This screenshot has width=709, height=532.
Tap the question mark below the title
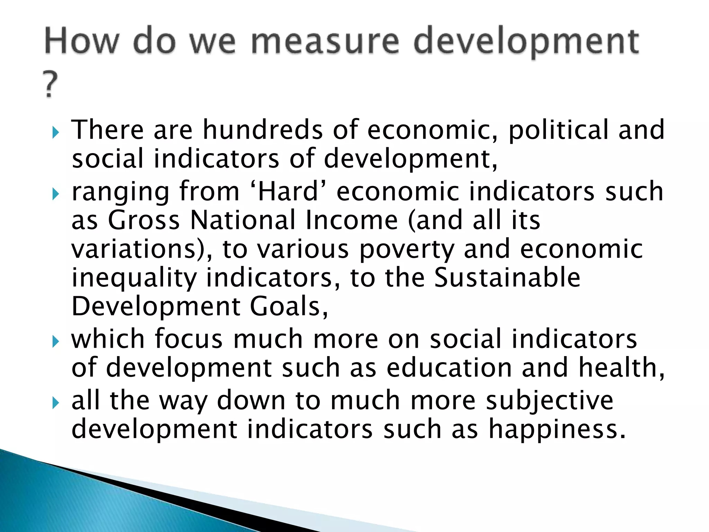point(50,85)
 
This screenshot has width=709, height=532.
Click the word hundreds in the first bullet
point(263,130)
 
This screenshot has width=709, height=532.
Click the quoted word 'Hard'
point(288,192)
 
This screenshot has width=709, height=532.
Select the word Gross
point(144,221)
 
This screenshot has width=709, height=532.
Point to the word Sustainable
point(507,278)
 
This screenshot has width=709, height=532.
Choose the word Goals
point(289,307)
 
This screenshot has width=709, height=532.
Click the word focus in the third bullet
point(189,339)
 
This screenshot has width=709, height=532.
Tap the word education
point(449,368)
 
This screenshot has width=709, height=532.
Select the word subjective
point(549,401)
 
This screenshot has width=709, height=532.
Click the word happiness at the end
point(557,430)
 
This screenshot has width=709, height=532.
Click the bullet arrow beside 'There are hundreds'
point(55,133)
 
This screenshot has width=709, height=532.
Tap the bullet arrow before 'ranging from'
point(55,194)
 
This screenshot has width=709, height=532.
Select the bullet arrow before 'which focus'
point(55,342)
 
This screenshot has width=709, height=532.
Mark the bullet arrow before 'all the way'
point(55,403)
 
